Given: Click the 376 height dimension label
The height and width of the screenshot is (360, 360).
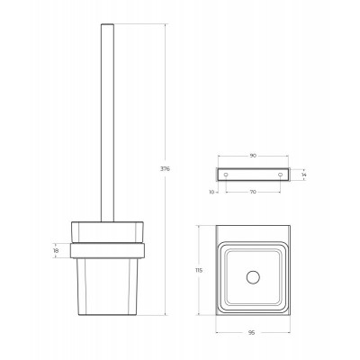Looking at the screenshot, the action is pos(165,169).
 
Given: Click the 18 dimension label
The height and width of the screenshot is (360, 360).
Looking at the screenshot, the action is pos(57,250).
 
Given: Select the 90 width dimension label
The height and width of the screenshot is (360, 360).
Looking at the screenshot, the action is pos(253,156).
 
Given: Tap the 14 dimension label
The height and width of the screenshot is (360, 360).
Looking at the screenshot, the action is pos(303,175).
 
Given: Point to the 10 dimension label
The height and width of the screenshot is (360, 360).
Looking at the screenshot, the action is pos(211,193).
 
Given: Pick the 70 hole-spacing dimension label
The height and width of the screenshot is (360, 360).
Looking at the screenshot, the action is pos(253,192).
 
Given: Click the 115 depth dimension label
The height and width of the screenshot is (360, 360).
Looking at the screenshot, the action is pos(199,270).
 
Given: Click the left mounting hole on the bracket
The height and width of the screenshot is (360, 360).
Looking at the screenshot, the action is pos(226,175).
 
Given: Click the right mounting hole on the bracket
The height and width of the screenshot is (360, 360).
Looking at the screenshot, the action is pos(280,175).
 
